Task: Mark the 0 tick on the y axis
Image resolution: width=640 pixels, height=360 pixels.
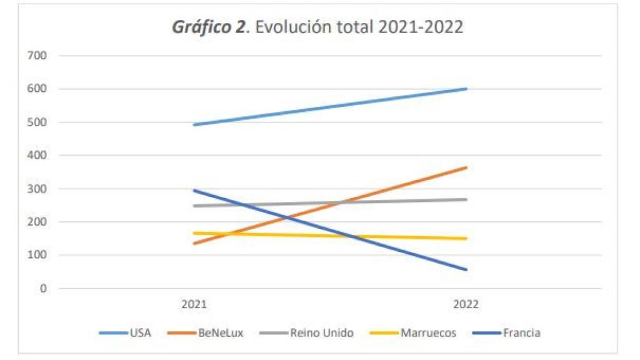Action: point(43,289)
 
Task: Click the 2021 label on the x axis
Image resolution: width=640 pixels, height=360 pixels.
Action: point(194,304)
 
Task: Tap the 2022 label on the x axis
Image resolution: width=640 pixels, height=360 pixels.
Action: point(466,304)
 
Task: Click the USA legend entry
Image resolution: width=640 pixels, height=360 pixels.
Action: point(140,333)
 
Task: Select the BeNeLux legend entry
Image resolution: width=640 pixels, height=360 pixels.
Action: point(220,333)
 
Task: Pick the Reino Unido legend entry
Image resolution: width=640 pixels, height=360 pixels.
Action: point(321,333)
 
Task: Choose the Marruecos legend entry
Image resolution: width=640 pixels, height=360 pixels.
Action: point(428,333)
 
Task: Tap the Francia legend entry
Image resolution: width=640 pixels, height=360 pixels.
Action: point(521,333)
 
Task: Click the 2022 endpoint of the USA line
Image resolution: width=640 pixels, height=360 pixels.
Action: point(466,89)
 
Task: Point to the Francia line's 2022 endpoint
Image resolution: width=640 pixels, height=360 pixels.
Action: point(466,270)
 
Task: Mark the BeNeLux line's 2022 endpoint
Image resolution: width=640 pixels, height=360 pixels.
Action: point(466,167)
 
